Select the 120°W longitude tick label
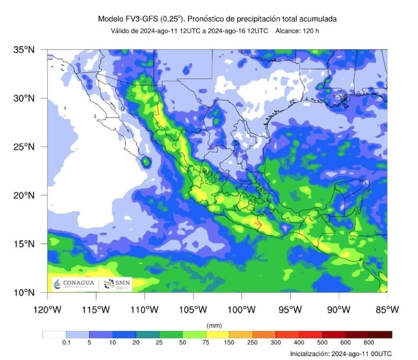[x=47, y=309]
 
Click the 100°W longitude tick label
[x=242, y=309]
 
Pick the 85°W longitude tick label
[x=387, y=309]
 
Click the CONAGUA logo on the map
[x=73, y=284]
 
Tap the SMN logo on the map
[x=116, y=284]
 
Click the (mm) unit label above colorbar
[x=215, y=326]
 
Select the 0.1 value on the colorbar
[x=66, y=343]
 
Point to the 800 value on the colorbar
[x=368, y=343]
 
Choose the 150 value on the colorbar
[x=229, y=343]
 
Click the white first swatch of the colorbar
[x=54, y=334]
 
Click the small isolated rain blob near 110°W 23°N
[x=146, y=162]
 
